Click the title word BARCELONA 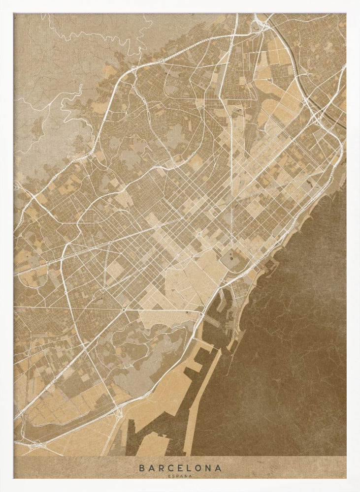(180, 468)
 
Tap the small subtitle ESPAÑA (180, 476)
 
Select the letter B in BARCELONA (141, 468)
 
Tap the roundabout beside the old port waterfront (201, 313)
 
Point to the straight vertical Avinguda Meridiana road (231, 148)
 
